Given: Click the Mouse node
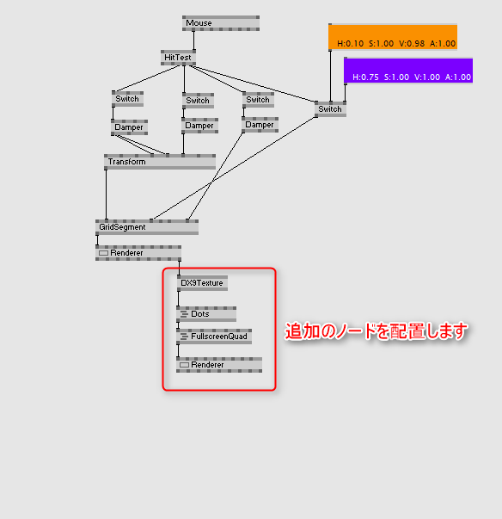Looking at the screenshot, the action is (x=221, y=23).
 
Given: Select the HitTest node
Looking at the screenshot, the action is (x=178, y=58).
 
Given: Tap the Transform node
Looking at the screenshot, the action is (x=160, y=162).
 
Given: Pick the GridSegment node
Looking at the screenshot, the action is (x=147, y=227).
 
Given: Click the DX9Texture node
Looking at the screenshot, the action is (x=202, y=283).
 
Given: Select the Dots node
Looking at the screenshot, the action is (x=206, y=314).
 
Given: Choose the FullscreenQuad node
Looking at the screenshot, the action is (x=214, y=337).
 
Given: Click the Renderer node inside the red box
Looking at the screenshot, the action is (x=219, y=365).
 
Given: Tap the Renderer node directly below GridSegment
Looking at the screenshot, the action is (x=138, y=253).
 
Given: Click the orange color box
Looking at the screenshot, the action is (x=393, y=37).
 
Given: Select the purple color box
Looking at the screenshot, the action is (x=408, y=71).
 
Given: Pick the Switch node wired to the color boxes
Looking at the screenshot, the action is (x=330, y=109).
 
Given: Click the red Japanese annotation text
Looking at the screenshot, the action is (x=376, y=331).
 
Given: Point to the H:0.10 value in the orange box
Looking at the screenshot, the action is (x=351, y=43).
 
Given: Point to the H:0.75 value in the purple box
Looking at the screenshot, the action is (x=365, y=77).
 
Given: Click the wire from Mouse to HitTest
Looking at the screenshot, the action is (x=193, y=40).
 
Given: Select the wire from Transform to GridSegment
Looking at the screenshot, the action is (x=106, y=195).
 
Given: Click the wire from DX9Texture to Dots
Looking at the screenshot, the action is (x=179, y=299).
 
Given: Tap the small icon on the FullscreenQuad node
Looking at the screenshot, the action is (x=184, y=337).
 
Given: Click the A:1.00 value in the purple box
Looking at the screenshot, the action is (x=458, y=77).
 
